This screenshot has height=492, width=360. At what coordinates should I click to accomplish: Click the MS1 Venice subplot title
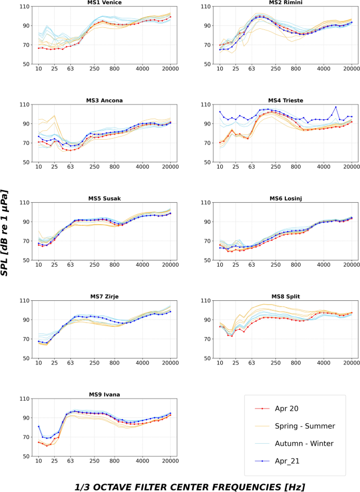[x=104, y=3]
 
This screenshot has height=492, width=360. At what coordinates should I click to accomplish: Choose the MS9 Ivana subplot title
[x=104, y=394]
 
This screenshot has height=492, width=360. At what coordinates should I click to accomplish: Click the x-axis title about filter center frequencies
[x=180, y=486]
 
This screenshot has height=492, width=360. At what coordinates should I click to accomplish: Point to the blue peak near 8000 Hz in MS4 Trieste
[x=335, y=107]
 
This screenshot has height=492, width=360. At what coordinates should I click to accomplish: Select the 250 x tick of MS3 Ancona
[x=94, y=167]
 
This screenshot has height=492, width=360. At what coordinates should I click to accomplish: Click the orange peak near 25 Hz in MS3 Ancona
[x=55, y=116]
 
